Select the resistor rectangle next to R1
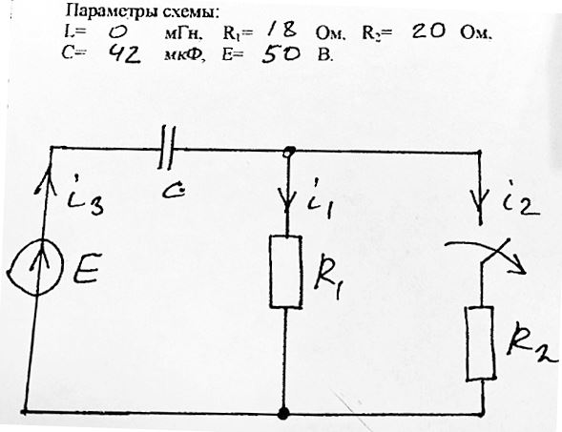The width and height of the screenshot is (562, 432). [x=285, y=272]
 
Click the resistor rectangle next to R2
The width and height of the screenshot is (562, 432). [x=480, y=342]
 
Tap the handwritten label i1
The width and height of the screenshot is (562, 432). [x=320, y=199]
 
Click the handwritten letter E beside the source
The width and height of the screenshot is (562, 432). [x=87, y=268]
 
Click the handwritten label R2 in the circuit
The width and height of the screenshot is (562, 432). [x=531, y=342]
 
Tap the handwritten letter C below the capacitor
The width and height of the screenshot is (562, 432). [x=173, y=192]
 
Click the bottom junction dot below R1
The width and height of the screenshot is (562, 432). [x=283, y=413]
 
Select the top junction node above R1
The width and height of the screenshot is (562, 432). [x=288, y=152]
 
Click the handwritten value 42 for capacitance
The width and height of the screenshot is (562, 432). [x=124, y=54]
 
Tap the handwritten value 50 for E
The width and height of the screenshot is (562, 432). [x=281, y=54]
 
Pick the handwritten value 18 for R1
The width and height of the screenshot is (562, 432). [x=282, y=30]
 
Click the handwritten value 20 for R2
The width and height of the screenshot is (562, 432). [x=428, y=31]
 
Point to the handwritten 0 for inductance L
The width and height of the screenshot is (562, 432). [x=118, y=33]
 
